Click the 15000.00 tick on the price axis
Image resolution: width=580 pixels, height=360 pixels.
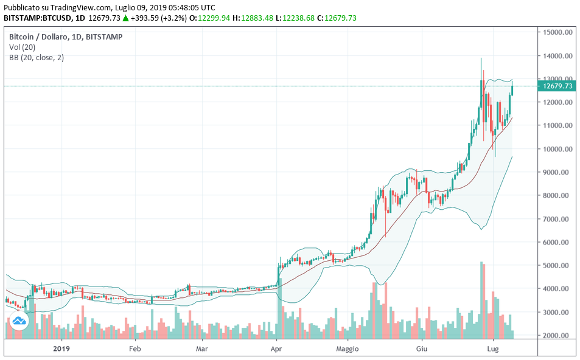558,32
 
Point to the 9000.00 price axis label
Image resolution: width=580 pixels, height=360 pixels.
558,172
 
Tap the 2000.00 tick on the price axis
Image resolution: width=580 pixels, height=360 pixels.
558,336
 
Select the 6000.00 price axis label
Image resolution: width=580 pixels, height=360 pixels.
558,242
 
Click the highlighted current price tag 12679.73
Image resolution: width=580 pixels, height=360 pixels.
556,86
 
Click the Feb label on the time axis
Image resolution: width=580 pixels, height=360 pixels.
135,349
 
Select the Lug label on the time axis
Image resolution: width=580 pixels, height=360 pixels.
493,349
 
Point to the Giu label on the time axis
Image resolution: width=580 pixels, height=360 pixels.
421,349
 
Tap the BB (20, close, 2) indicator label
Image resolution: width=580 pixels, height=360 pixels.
37,58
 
